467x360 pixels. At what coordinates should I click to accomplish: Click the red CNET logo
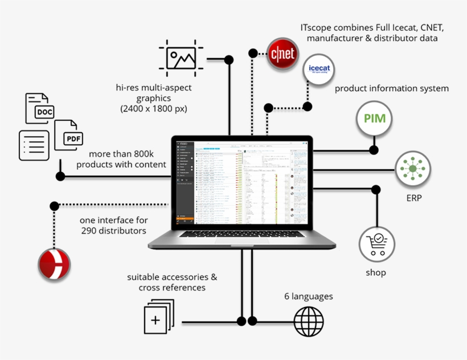(282, 54)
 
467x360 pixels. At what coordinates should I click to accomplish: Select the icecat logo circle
(319, 69)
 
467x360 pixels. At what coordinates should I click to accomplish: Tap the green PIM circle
(374, 119)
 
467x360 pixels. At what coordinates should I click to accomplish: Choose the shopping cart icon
(376, 244)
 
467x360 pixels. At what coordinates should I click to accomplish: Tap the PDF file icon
(69, 135)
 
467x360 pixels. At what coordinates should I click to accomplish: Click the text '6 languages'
(308, 296)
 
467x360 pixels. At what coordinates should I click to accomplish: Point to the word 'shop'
(376, 272)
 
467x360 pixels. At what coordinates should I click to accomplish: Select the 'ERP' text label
(414, 198)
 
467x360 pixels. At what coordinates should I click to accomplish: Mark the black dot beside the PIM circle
(374, 150)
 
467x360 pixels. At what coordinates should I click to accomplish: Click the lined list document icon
(34, 145)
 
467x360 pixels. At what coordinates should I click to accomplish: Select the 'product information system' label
(392, 88)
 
